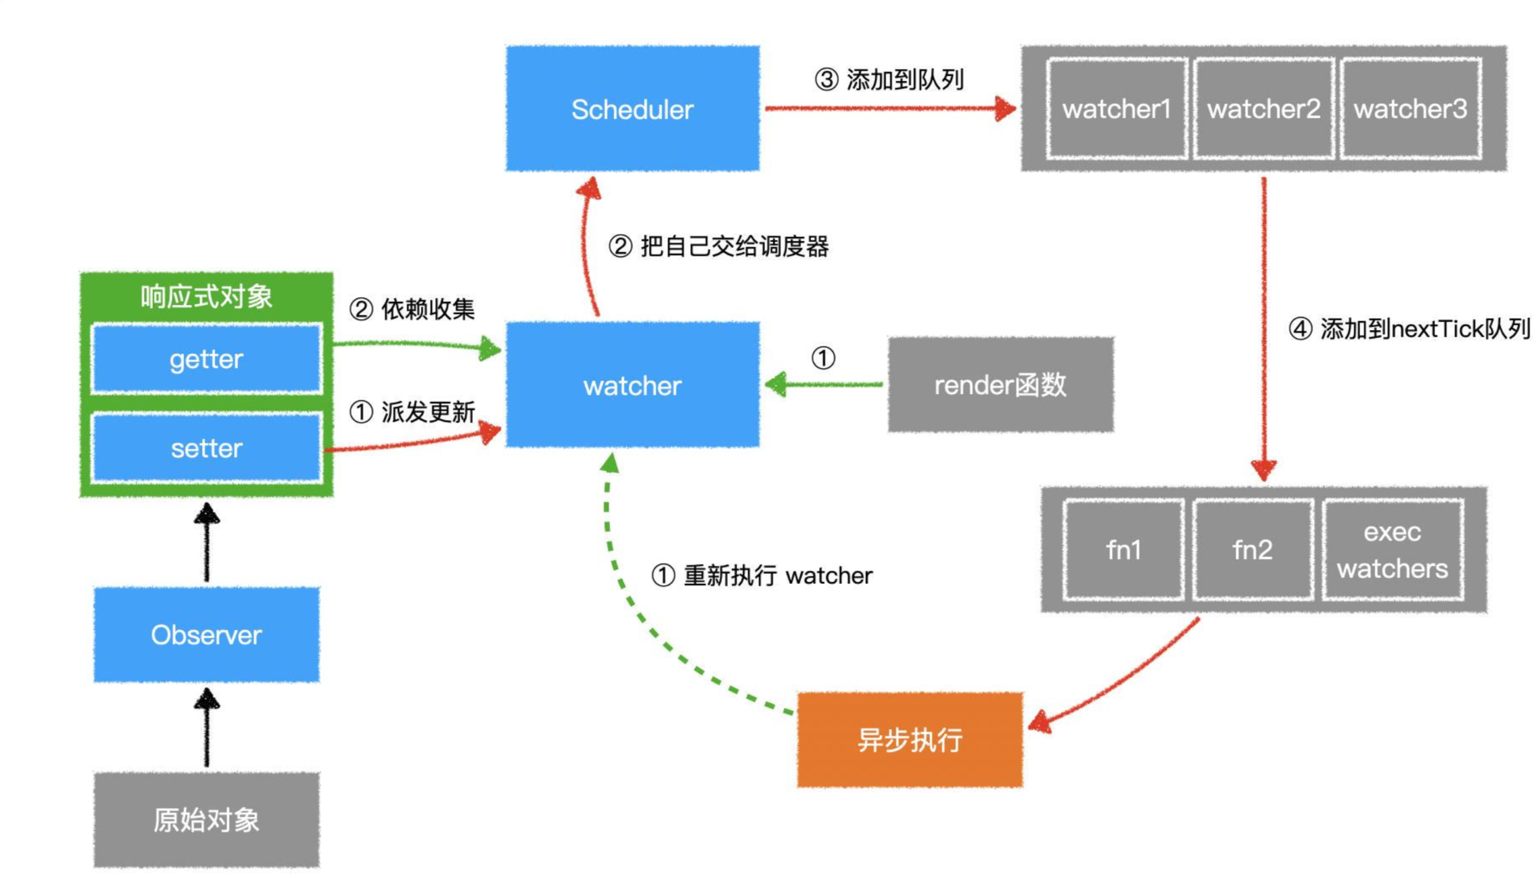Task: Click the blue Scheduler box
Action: tap(633, 109)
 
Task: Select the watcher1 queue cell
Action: tap(1116, 109)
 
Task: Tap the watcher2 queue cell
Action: tap(1263, 109)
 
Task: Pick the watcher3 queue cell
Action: tap(1410, 109)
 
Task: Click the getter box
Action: tap(206, 359)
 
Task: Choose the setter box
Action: tap(206, 448)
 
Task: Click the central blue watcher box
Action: tap(633, 385)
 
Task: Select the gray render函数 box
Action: tap(1000, 385)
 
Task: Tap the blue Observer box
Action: tap(206, 635)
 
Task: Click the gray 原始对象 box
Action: tap(206, 820)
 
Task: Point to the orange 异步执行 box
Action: tap(910, 740)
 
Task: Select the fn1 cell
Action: tap(1123, 550)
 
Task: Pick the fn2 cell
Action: tap(1253, 550)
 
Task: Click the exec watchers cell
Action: tap(1392, 550)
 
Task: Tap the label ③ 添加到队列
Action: tap(889, 80)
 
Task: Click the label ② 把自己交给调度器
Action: tap(718, 246)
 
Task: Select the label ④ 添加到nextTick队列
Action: tap(1409, 329)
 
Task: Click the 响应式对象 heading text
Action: tap(206, 296)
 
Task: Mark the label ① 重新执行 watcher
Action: tap(761, 575)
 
